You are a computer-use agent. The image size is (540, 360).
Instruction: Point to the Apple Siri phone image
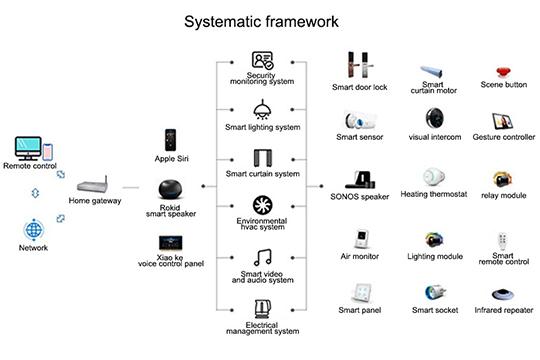pos(172,140)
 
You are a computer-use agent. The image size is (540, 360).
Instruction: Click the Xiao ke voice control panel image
pos(170,243)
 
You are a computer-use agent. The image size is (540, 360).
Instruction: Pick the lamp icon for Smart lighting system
pos(262,109)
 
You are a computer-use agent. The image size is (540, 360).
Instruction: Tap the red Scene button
pos(503,75)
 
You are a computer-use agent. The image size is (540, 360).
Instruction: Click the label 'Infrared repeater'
pos(503,311)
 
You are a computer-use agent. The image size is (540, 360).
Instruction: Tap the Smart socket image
pos(435,293)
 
